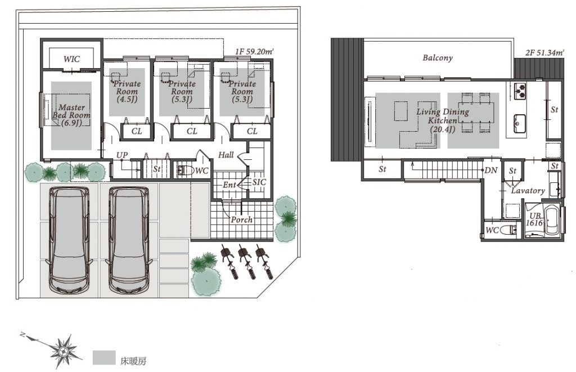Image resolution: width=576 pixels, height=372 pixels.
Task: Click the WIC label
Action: [71, 59]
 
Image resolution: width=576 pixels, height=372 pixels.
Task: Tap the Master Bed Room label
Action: [71, 115]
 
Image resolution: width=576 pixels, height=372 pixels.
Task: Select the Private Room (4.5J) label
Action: [127, 91]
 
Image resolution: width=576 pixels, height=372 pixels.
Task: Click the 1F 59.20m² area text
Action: [254, 51]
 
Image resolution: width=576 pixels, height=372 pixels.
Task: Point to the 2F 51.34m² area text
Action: [544, 52]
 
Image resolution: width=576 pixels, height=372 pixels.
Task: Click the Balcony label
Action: [438, 58]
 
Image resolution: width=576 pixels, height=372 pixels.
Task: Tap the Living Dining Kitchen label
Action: [443, 120]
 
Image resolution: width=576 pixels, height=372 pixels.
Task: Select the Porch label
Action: [241, 219]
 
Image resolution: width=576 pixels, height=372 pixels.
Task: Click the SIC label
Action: [259, 182]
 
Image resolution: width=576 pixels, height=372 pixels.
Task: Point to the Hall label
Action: [226, 155]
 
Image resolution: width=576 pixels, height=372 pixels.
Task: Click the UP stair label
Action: [122, 155]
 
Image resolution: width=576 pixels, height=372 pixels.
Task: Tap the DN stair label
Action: [490, 170]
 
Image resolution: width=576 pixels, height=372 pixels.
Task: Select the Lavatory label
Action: [528, 190]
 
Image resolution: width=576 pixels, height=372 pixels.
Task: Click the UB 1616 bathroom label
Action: [534, 219]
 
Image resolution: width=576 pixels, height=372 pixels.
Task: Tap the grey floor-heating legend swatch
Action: [104, 358]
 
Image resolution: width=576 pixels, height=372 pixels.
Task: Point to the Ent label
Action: [229, 185]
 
